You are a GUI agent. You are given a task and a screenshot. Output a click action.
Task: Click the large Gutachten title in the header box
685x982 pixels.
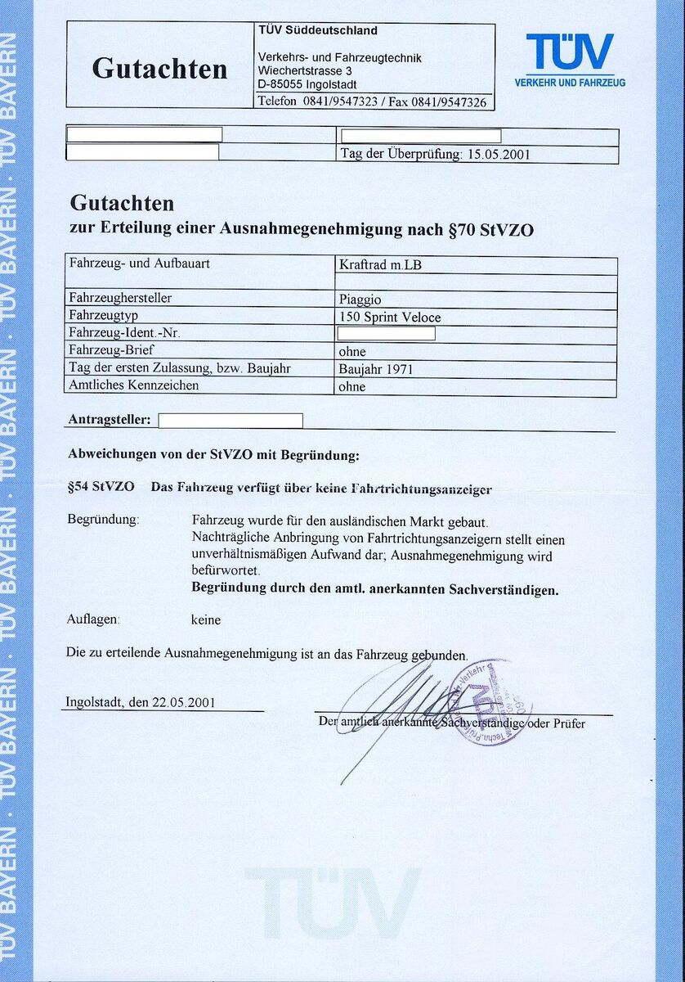[x=159, y=69]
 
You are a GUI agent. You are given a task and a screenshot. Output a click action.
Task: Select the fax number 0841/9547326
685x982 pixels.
[x=449, y=102]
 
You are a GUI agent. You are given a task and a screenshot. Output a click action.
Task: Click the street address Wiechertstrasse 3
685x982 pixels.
[x=305, y=71]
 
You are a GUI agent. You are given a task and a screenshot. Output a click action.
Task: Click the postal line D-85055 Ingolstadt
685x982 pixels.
[x=307, y=84]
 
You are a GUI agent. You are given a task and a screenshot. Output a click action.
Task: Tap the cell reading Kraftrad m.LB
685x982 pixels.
[x=380, y=265]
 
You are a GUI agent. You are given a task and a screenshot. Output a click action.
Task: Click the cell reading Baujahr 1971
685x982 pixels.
[x=376, y=369]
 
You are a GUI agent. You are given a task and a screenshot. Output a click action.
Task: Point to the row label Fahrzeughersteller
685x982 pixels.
[x=120, y=299]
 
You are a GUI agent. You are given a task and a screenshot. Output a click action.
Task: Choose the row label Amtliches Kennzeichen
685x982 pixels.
[x=134, y=385]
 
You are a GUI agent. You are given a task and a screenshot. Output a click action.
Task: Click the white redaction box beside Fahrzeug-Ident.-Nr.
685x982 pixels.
[x=386, y=334]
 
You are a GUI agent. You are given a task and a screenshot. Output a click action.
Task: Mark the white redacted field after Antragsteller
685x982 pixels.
[x=230, y=421]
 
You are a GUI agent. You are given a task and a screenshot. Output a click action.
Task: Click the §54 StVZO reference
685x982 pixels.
[x=101, y=486]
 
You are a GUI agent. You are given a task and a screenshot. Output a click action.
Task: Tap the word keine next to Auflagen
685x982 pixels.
[x=206, y=619]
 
